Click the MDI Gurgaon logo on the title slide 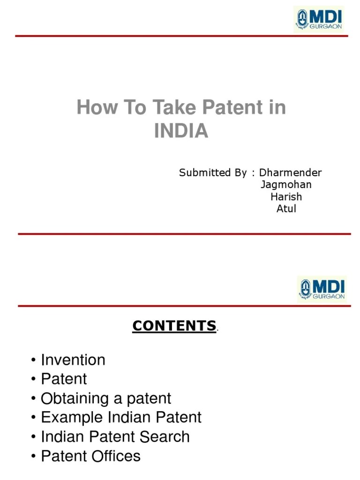(x=319, y=19)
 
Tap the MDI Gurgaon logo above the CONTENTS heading (x=322, y=288)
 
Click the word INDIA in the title (x=181, y=131)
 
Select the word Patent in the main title (x=224, y=108)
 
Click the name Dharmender (x=291, y=173)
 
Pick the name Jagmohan (x=286, y=185)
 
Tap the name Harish (x=286, y=197)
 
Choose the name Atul (x=286, y=209)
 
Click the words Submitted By (x=213, y=173)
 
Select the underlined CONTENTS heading (x=174, y=326)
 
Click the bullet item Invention (x=73, y=360)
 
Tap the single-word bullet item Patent (x=64, y=379)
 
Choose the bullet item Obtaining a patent (x=106, y=398)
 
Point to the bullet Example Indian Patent (x=121, y=417)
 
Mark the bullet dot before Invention (x=34, y=360)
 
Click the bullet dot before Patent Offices (x=34, y=456)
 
